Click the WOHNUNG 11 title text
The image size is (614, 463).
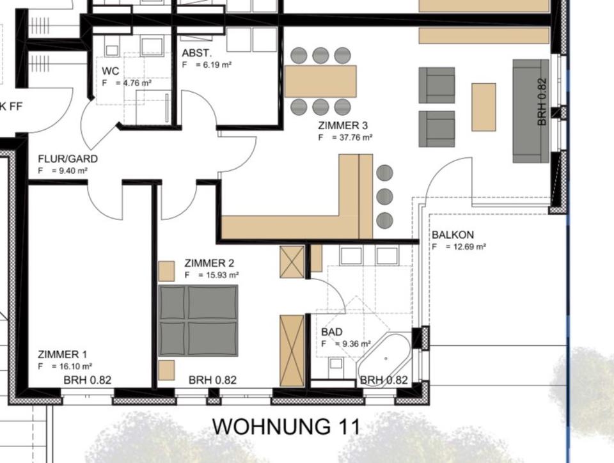point(286,426)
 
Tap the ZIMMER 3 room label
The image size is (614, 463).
point(342,126)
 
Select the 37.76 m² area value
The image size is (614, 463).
point(351,137)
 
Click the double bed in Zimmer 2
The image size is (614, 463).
point(198,320)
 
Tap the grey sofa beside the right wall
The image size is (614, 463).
point(530,111)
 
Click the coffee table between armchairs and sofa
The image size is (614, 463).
point(484,107)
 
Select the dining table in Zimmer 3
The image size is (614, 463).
point(320,81)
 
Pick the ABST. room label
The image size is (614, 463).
point(197,53)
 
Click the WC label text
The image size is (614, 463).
point(111,71)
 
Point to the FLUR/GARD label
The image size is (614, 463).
point(68,159)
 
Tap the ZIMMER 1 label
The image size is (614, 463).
point(63,355)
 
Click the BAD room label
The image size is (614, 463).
point(333,333)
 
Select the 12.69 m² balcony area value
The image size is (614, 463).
point(465,246)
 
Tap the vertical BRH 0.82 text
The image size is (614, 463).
point(542,102)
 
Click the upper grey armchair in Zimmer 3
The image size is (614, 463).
point(437,85)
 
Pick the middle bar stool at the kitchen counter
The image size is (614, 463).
point(384,196)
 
